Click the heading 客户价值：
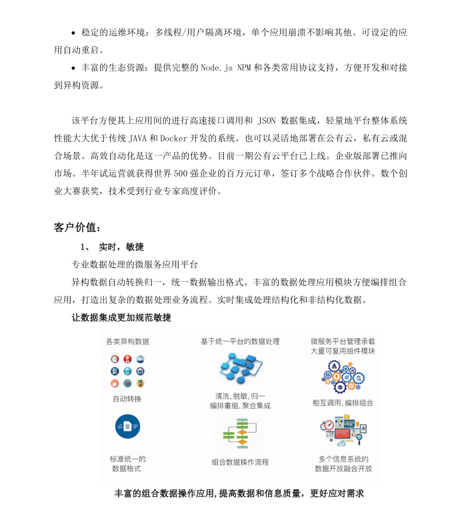click(x=77, y=227)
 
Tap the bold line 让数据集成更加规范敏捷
click(x=121, y=317)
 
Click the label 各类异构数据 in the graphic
click(x=127, y=341)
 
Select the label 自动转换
click(x=127, y=399)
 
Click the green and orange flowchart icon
click(x=240, y=434)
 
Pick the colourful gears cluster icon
click(x=343, y=377)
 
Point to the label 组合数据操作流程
click(x=240, y=462)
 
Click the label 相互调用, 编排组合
click(x=343, y=403)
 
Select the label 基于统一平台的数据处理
click(x=240, y=341)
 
